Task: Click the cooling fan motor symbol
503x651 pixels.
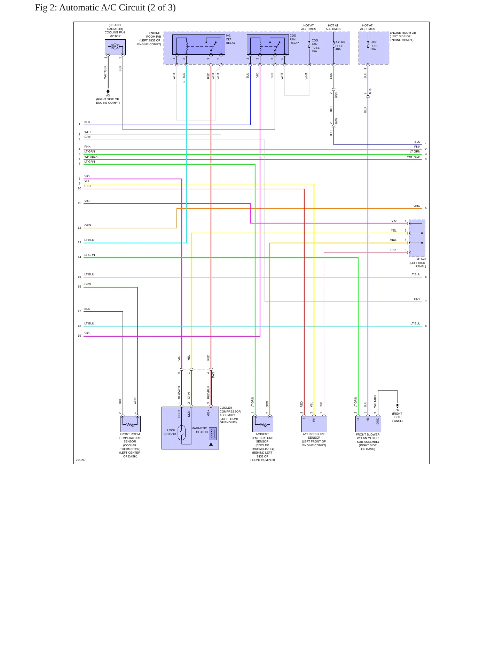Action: click(115, 47)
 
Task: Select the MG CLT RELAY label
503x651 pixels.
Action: click(230, 39)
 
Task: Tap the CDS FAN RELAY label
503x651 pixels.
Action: click(294, 39)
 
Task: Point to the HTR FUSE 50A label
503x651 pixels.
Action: click(374, 46)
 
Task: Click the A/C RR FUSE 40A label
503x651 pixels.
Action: click(340, 46)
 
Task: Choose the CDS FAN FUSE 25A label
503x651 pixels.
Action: click(315, 46)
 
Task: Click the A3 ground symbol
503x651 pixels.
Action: click(108, 91)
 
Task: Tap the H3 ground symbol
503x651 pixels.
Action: click(397, 406)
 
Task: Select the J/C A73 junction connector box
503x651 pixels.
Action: click(417, 238)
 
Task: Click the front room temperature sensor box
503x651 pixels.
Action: click(130, 424)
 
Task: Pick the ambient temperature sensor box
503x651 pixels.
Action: click(263, 424)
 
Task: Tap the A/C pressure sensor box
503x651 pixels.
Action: click(314, 424)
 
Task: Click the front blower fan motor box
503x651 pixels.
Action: click(368, 424)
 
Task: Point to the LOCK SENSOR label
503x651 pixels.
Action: click(170, 432)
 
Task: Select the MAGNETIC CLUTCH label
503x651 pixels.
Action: click(199, 430)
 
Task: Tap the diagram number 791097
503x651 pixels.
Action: click(81, 460)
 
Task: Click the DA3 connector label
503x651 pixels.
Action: click(214, 375)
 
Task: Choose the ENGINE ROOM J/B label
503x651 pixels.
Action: click(403, 33)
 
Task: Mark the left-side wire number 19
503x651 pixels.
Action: click(79, 336)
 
